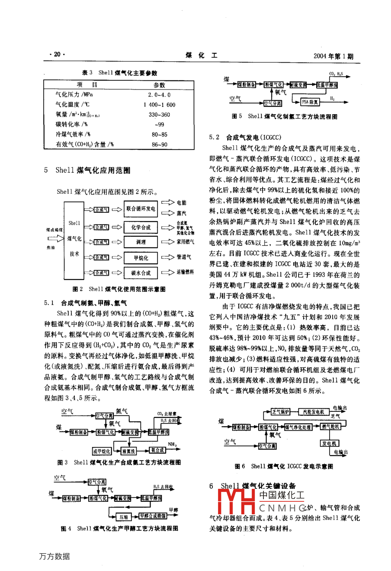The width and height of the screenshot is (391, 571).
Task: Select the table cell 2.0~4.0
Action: point(159,95)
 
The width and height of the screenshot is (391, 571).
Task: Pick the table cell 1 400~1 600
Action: point(159,105)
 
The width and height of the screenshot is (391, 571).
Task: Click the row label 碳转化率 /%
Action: point(72,125)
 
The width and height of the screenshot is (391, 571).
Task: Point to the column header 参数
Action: point(159,85)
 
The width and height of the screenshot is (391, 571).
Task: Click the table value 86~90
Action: point(159,144)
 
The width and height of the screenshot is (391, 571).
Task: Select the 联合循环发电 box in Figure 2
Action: point(141,209)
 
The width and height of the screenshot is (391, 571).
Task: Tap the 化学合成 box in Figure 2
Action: point(141,227)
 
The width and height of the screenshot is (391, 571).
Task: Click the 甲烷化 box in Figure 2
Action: point(141,258)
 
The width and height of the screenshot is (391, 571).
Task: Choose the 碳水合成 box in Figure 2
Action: point(141,273)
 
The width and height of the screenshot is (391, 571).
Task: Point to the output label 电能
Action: point(181,202)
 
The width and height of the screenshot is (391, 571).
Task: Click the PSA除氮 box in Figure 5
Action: point(310,102)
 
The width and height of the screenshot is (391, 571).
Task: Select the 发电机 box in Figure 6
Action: point(330,443)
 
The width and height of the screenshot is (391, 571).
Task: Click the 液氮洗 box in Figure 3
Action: point(129,451)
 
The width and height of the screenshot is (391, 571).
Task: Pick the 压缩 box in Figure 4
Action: point(124,517)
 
